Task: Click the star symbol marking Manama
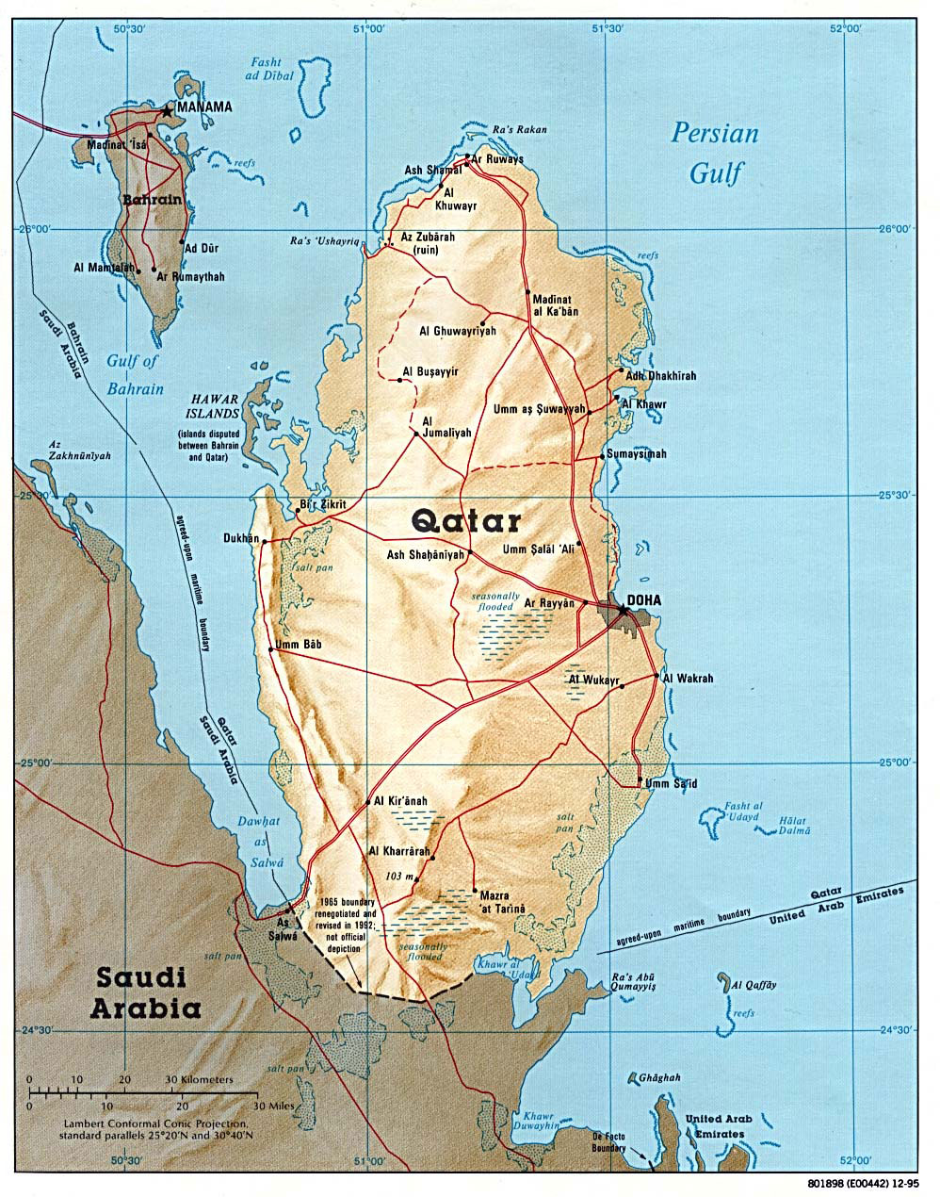tap(167, 110)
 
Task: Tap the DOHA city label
tap(644, 600)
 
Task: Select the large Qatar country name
tap(466, 520)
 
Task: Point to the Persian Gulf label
tap(715, 152)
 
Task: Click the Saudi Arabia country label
tap(145, 993)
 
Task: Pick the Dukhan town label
tap(240, 539)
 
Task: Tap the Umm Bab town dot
tap(271, 648)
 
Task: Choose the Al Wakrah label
tap(689, 678)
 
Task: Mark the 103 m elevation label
tap(399, 877)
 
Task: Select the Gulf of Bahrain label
tap(135, 374)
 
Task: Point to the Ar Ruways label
tap(497, 160)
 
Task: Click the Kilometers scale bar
tap(141, 1081)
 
